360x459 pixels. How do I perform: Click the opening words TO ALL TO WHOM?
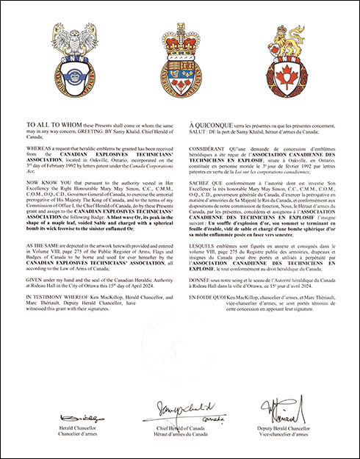click(48, 126)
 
